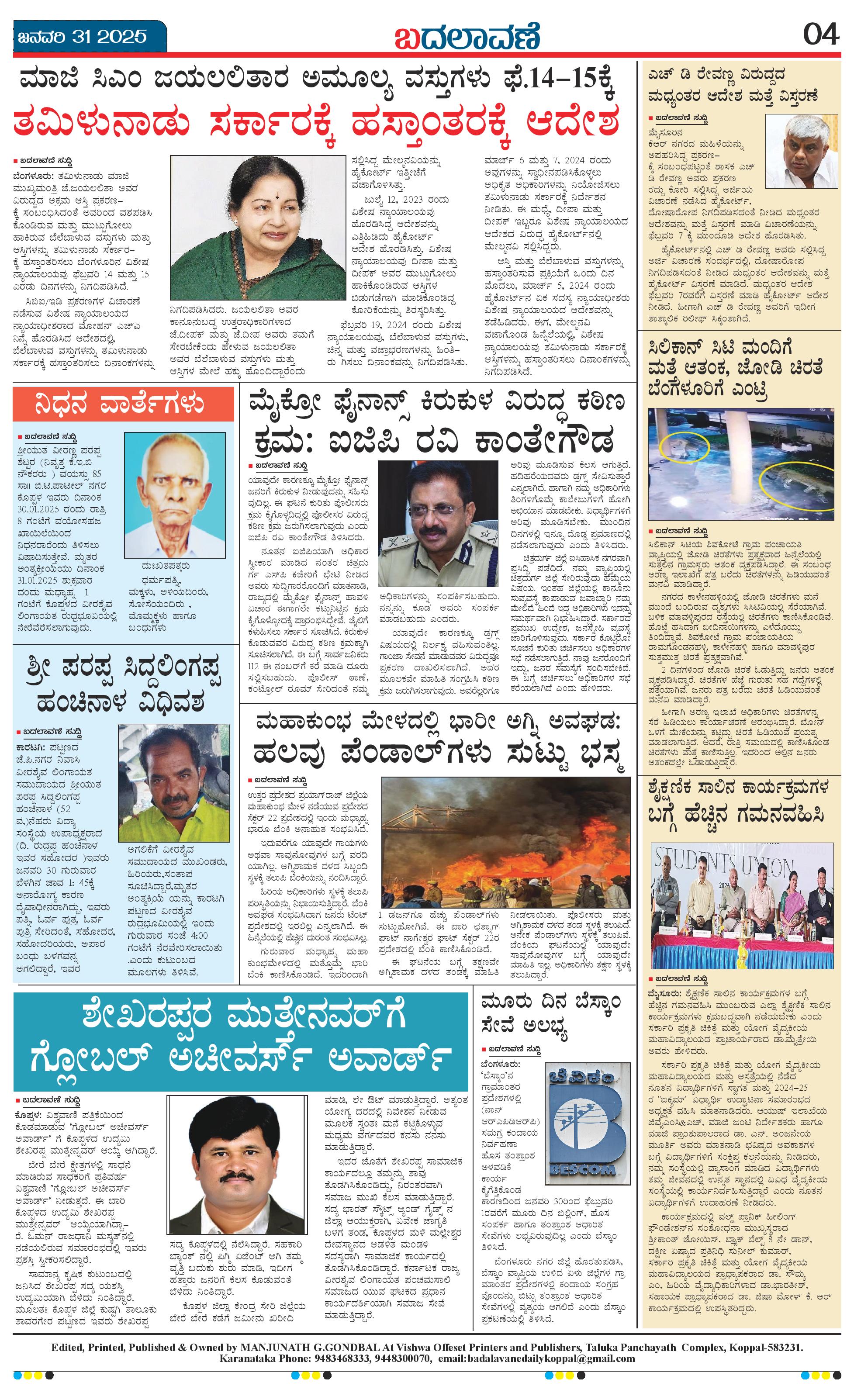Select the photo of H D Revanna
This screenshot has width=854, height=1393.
(802, 152)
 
